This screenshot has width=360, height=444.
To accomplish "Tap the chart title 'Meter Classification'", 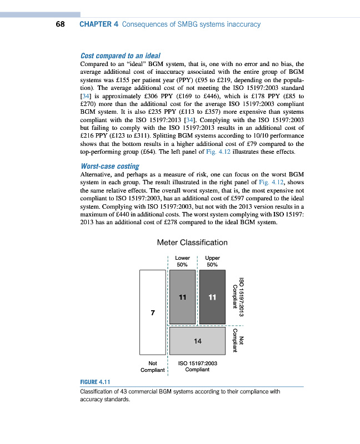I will (x=192, y=243).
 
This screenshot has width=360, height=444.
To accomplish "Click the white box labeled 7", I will (x=152, y=312).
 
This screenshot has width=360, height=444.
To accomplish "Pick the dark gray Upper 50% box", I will (x=212, y=297).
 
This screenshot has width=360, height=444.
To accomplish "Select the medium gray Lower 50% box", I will (x=182, y=297).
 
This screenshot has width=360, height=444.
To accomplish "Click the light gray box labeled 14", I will (x=197, y=341).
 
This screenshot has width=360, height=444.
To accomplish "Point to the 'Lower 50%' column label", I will (x=182, y=261).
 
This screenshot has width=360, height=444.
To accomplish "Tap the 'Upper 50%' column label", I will (x=212, y=261).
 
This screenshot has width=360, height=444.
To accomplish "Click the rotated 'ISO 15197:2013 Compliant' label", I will (x=238, y=297).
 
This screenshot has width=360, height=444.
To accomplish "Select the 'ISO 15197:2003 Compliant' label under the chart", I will (x=197, y=366).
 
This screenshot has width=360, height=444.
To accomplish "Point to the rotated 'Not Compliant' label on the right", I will (x=238, y=340).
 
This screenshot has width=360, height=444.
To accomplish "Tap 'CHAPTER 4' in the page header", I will (x=98, y=24).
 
